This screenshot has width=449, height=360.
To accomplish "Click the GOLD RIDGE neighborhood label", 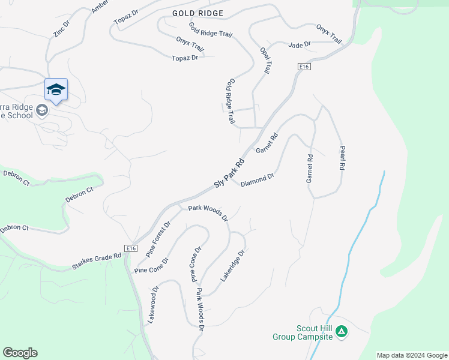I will pyautogui.click(x=197, y=13).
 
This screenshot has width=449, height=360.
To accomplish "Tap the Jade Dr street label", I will pyautogui.click(x=299, y=45).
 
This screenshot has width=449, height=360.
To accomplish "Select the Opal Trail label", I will pyautogui.click(x=266, y=60).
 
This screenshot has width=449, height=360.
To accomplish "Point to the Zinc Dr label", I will pyautogui.click(x=62, y=29).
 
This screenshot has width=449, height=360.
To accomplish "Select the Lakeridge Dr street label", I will pyautogui.click(x=235, y=265).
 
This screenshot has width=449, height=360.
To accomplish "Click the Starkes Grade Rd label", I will pyautogui.click(x=97, y=260).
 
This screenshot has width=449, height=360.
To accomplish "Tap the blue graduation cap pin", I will pyautogui.click(x=56, y=89).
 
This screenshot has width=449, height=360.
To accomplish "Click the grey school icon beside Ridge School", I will pyautogui.click(x=42, y=110).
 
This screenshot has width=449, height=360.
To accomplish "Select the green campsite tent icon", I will pyautogui.click(x=342, y=331).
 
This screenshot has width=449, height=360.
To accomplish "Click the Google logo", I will pyautogui.click(x=20, y=353).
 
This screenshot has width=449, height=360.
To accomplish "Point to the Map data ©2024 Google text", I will pyautogui.click(x=412, y=355).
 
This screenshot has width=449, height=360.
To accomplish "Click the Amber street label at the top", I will pyautogui.click(x=100, y=7).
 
